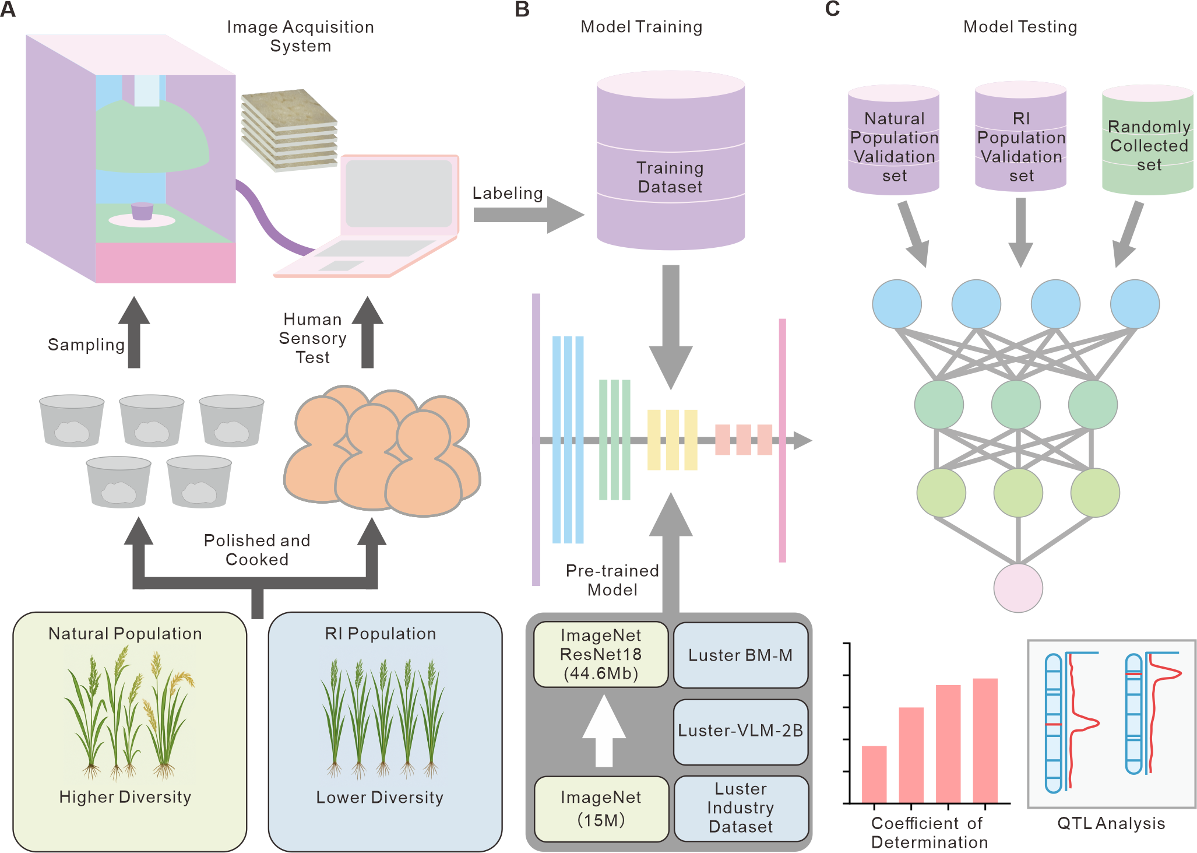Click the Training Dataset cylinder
coord(671,160)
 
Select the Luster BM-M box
coord(741,655)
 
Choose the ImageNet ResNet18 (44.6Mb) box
coord(601,654)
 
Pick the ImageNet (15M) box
coord(601,809)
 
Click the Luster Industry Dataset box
coord(741,808)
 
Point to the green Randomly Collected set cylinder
coord(1147,140)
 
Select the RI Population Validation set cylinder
coord(1020,136)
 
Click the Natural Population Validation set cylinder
coord(893,140)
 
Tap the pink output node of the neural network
coord(1018,588)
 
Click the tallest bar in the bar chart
coord(985,740)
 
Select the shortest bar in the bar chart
coord(874,774)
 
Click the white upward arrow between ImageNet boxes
coord(604,731)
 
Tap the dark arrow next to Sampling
coord(134,332)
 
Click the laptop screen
coord(399,194)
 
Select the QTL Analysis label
coord(1111,823)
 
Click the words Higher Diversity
coord(125,797)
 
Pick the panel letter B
coord(522,9)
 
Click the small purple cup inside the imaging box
coord(142,211)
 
